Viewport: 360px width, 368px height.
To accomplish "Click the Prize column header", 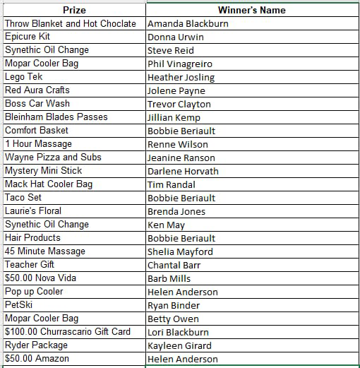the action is (74, 10).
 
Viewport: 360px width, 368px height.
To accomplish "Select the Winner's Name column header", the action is (252, 10).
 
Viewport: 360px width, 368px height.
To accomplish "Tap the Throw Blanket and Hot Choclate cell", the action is (71, 23).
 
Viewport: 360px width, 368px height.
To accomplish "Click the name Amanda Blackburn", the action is (188, 23).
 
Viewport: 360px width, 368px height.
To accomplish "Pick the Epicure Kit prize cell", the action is (28, 37).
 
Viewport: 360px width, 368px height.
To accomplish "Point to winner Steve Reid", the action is (171, 50).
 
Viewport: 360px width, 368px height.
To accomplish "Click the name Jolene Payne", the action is (176, 90).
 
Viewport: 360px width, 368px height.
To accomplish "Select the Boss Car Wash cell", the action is (37, 104).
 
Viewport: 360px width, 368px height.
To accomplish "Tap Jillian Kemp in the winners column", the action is (174, 117).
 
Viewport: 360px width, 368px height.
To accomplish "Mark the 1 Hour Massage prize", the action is (38, 144).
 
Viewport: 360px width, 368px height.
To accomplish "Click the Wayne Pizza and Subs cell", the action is (53, 158).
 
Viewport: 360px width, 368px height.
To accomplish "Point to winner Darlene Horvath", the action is (183, 171).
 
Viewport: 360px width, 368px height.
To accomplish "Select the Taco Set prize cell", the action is (23, 198).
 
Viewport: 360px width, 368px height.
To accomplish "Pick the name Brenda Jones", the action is (176, 211).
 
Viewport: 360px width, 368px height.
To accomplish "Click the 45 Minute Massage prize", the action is (45, 251).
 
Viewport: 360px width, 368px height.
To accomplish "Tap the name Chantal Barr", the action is (174, 265).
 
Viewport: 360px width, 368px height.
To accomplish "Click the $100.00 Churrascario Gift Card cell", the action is (68, 332).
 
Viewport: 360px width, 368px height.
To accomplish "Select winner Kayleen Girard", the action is (179, 345).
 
